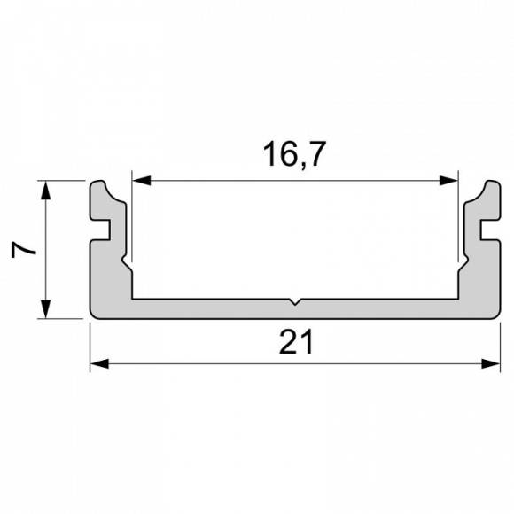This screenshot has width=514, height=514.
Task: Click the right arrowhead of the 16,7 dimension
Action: (450, 181)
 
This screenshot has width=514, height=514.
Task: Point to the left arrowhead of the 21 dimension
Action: (98, 363)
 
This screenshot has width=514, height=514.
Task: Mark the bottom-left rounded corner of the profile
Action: (93, 315)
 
